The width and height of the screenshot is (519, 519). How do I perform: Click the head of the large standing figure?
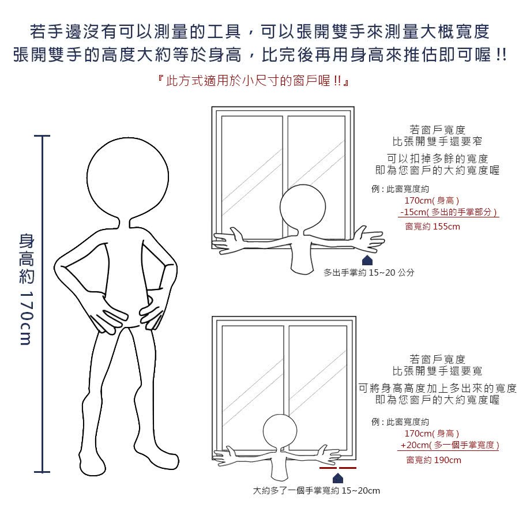(x=127, y=178)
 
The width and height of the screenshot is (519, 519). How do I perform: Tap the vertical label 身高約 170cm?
(x=27, y=289)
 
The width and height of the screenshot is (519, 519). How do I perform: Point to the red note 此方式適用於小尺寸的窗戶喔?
(x=254, y=81)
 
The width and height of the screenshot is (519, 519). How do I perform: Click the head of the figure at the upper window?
(x=303, y=207)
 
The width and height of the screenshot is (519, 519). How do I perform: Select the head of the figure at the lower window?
(x=280, y=431)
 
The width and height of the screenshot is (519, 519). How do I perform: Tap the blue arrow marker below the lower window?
(x=337, y=478)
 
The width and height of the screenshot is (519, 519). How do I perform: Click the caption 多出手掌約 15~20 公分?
(x=368, y=272)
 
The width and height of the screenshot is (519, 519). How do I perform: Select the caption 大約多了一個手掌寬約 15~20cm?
(x=316, y=491)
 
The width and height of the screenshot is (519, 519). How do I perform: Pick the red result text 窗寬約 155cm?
(x=432, y=227)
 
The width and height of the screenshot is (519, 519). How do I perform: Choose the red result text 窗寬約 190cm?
(x=434, y=460)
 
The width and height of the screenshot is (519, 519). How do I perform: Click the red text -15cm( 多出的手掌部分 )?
(x=449, y=212)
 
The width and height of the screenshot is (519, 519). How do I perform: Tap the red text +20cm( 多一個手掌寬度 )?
(x=449, y=445)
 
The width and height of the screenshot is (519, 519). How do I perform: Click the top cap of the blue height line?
(x=42, y=136)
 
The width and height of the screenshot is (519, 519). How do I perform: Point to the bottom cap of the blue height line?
(x=42, y=472)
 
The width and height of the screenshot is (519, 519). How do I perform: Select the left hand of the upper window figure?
(x=228, y=240)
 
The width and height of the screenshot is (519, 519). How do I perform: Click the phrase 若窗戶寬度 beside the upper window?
(x=437, y=129)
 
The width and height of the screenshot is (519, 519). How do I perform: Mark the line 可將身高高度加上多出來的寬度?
(x=438, y=388)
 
